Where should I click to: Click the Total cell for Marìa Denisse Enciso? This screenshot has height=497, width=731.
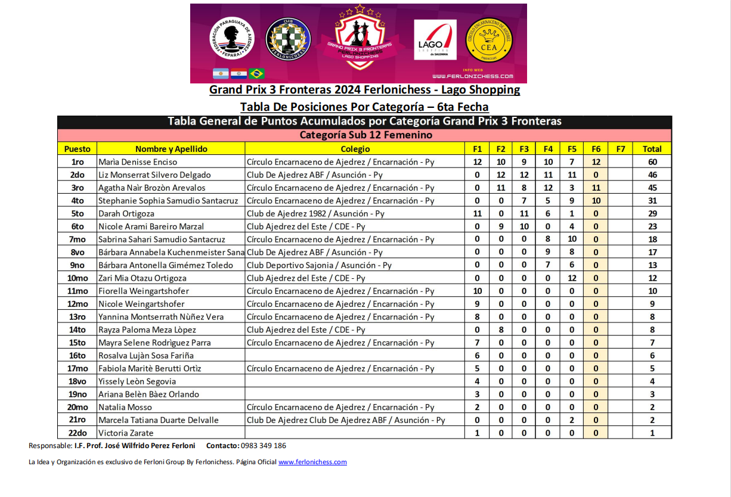(652, 162)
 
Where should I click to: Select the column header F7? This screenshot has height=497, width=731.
(620, 149)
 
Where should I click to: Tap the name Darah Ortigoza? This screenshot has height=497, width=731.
(126, 213)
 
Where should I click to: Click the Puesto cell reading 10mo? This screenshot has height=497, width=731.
(78, 278)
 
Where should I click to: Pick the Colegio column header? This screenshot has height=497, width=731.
(355, 149)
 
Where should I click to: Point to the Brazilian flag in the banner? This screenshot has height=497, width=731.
(257, 73)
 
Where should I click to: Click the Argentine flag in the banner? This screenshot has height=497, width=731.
(221, 73)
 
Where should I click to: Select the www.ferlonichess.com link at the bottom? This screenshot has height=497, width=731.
(312, 462)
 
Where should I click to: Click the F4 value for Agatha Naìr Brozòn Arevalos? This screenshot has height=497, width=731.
(549, 188)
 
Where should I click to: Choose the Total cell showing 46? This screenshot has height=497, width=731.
(652, 175)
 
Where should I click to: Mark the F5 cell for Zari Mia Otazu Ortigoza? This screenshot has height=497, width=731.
(572, 278)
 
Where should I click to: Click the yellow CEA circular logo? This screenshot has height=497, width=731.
(489, 38)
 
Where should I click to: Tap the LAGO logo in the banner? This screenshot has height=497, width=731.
(435, 40)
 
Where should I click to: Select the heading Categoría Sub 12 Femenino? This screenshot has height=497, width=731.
(365, 135)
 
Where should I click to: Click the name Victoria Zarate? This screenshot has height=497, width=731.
(126, 433)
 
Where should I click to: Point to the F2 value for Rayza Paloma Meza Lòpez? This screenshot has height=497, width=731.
(501, 330)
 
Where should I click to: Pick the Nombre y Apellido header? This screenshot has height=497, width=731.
(171, 149)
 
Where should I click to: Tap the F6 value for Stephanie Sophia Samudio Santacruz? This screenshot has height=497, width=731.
(596, 201)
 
